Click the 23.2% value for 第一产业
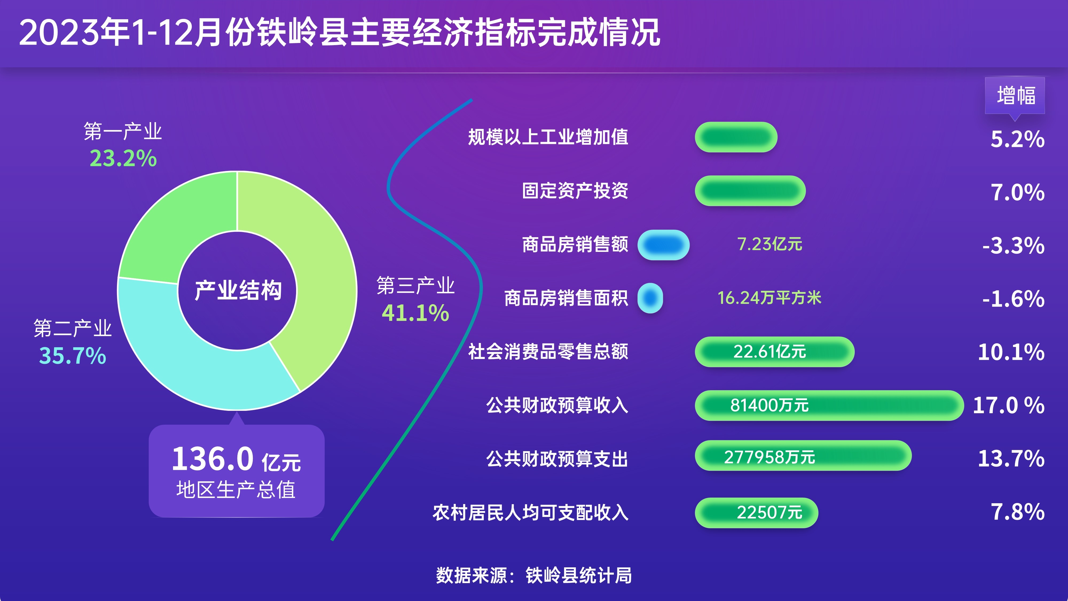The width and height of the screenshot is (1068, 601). [123, 158]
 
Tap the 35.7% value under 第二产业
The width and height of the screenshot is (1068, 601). [73, 356]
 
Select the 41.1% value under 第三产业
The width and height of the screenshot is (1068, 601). [415, 313]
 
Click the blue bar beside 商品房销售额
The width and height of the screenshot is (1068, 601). [663, 245]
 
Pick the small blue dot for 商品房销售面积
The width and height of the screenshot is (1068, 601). [650, 298]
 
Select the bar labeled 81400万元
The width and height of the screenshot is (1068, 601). [829, 405]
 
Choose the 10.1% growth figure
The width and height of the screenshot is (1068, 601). [1011, 352]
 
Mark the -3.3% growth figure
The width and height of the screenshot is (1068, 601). [1013, 245]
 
